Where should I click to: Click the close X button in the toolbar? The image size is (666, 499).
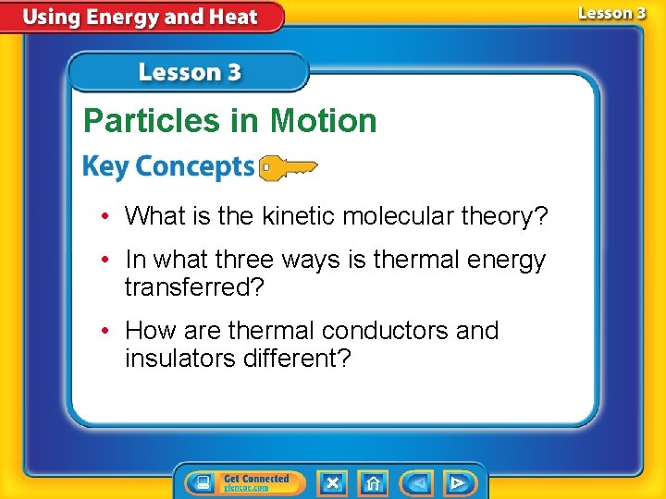point(333,482)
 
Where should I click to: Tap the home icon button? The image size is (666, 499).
point(373,482)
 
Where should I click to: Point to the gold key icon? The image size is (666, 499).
point(288,168)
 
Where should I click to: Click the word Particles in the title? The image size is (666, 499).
point(149,121)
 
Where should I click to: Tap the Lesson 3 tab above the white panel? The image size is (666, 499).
point(190,72)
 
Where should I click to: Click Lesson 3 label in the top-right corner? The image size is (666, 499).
point(611,14)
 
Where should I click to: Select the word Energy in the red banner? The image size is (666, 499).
point(123,18)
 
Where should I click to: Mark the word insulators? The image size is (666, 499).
point(180,357)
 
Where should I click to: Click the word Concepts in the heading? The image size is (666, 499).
point(194,167)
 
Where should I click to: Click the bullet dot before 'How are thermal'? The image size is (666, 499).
point(109,331)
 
